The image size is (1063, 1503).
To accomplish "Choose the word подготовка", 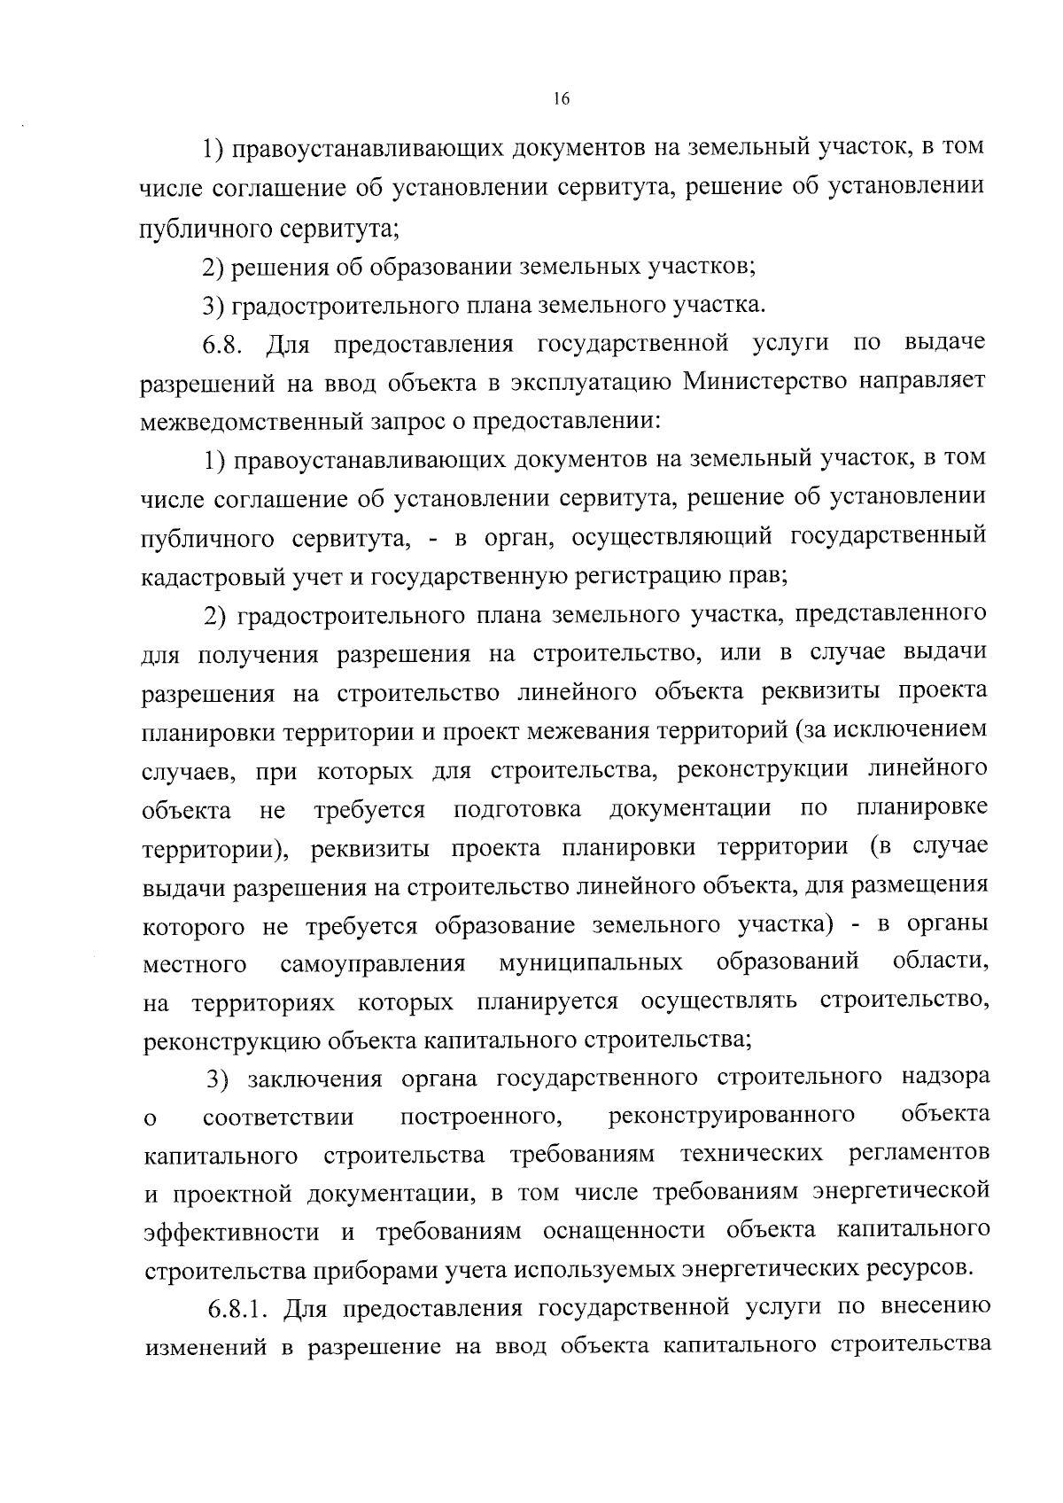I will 517,808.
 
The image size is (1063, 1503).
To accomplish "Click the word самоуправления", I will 373,963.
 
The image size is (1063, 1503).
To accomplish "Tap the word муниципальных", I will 591,963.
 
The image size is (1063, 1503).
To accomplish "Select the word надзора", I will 945,1077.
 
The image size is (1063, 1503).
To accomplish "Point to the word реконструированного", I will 732,1115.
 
